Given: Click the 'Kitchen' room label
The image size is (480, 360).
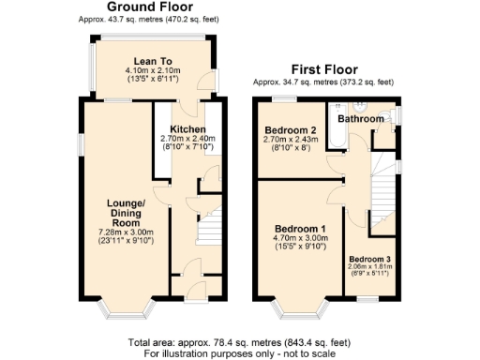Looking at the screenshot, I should pos(187,128).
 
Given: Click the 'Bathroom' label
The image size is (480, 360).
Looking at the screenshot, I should pos(361,120).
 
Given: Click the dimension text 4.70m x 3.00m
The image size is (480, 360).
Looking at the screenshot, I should pos(300,240).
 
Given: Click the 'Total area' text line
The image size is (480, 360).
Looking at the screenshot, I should pos(239,343).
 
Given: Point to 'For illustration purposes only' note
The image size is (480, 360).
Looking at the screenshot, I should pos(239,354).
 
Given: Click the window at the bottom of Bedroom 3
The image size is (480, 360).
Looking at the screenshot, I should pos(366,299).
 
